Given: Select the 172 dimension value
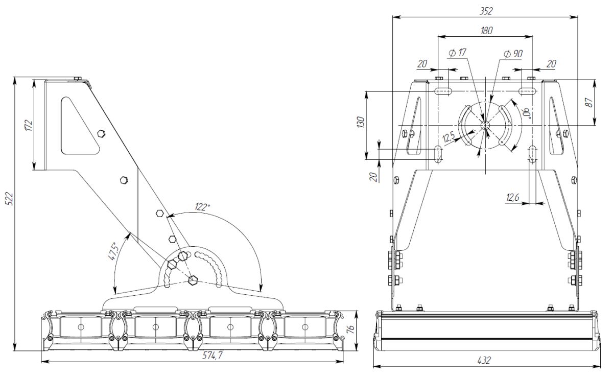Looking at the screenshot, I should (28, 125).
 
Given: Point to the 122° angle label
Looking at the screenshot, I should (202, 207).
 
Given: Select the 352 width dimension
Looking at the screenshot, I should (486, 11).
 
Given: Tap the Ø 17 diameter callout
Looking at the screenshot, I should (457, 53).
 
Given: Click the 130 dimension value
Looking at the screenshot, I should (361, 123).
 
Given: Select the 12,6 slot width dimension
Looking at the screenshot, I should (512, 197).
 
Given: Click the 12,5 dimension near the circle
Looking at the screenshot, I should (449, 137).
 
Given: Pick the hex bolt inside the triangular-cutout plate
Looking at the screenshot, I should (101, 134).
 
